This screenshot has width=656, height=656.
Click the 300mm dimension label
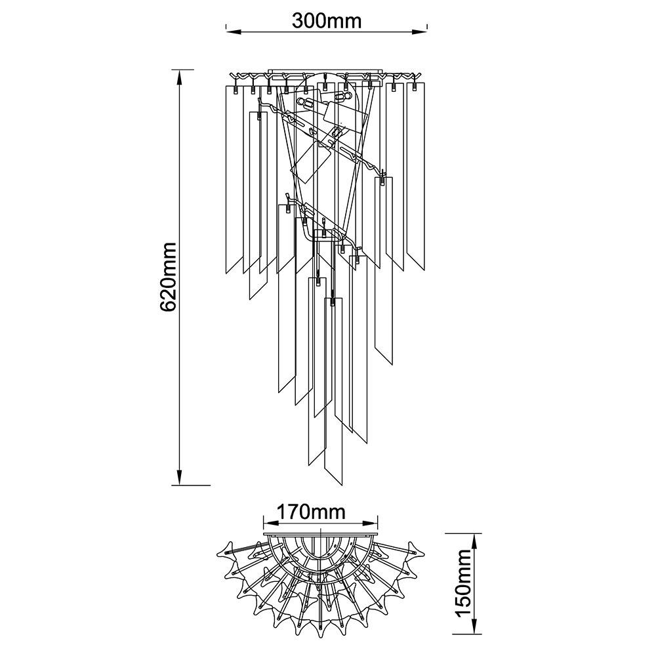[326, 20]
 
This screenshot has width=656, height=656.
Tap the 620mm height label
[169, 277]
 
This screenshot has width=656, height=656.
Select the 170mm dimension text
[312, 511]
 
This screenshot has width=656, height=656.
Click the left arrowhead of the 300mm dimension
[234, 31]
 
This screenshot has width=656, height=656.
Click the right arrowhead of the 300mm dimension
[419, 31]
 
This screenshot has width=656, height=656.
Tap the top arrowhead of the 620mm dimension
[180, 78]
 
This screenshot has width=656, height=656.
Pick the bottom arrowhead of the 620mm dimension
[180, 476]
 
